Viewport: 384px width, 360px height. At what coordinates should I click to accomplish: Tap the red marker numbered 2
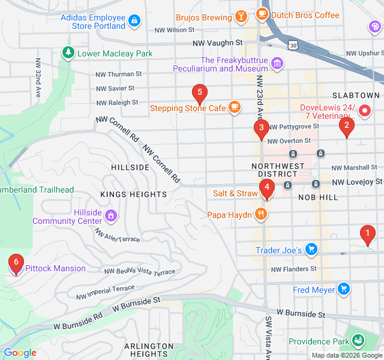346,127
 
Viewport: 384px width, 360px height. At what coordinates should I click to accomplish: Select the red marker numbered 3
261,128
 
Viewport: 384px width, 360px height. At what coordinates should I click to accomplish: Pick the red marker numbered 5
199,93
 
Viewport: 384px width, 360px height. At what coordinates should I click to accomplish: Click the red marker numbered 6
16,263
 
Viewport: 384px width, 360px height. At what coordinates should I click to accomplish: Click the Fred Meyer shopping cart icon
343,290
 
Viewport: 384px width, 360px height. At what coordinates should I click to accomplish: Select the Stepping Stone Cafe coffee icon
234,108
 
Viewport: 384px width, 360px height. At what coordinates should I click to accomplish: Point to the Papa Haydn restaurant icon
260,214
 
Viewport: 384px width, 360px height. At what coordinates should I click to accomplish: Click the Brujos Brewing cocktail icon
240,16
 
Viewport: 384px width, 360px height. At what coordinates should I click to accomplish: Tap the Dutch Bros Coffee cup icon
262,14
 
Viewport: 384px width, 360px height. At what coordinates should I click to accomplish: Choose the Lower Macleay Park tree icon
68,53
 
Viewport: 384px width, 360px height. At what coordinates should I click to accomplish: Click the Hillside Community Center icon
110,215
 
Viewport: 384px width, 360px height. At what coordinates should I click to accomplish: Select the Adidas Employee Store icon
135,21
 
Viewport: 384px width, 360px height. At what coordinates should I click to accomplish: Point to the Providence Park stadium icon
358,341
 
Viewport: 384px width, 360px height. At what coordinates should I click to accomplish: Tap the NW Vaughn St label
217,43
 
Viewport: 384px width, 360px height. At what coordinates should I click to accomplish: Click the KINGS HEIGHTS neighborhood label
133,194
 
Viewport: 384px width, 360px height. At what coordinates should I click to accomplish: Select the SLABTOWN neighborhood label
356,95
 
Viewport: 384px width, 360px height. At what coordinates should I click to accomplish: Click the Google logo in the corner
20,353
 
